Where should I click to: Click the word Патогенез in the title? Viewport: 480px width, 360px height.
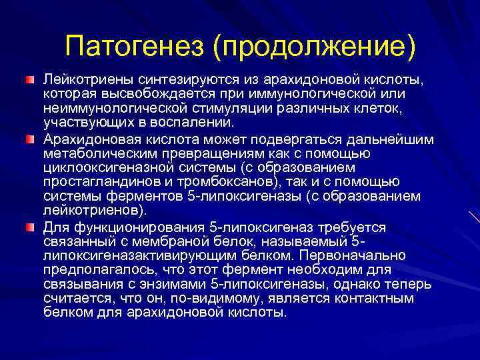click(x=139, y=47)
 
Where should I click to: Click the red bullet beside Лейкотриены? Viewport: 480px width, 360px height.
click(x=30, y=80)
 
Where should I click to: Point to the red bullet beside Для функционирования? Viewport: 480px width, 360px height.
click(x=30, y=227)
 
